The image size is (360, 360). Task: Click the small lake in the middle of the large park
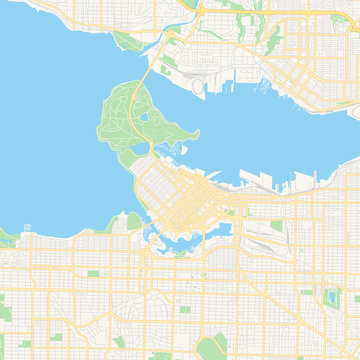pyautogui.click(x=146, y=117)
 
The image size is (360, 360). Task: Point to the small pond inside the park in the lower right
pyautogui.click(x=331, y=297)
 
